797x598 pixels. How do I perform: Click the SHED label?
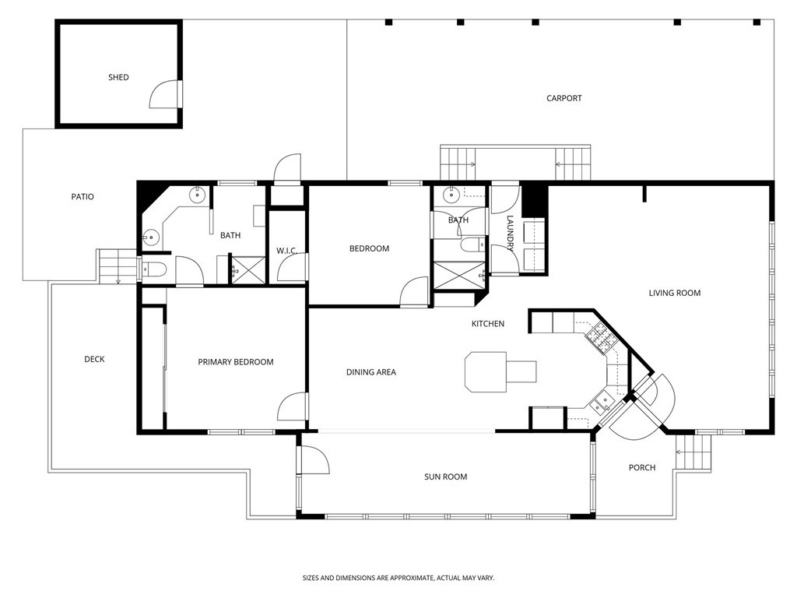[118, 77]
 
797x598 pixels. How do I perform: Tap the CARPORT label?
[564, 98]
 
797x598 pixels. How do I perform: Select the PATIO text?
[83, 196]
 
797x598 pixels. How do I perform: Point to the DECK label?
[94, 359]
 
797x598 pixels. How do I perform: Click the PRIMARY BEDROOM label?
[235, 362]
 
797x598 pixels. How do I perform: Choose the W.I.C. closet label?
[287, 250]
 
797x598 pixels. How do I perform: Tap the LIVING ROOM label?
[675, 293]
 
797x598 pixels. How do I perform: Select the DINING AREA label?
[370, 372]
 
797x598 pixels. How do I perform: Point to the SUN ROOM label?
[445, 477]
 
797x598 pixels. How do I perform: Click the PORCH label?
[642, 467]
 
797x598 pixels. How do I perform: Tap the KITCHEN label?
[488, 323]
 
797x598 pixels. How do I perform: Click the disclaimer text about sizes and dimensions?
[398, 578]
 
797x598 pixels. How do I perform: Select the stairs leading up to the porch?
[695, 452]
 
